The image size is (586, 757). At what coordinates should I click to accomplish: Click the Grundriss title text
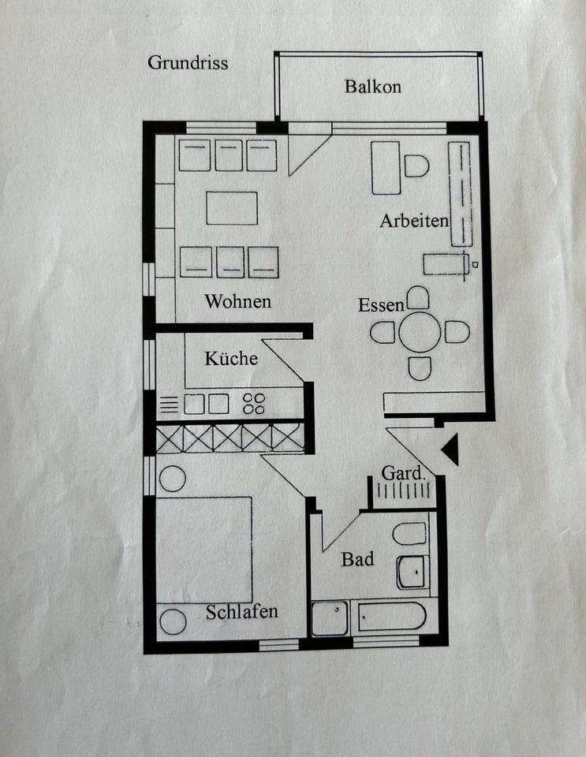(x=188, y=63)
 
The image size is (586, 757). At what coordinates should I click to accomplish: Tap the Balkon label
(x=372, y=87)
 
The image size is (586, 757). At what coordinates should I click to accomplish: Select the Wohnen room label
(x=238, y=301)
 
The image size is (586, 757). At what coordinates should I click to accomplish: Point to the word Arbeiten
(x=414, y=221)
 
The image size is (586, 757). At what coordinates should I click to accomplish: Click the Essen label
(x=381, y=305)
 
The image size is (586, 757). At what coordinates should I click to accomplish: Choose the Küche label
(x=231, y=358)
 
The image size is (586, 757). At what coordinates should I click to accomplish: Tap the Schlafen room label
(x=242, y=612)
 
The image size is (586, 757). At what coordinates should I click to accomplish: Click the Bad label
(x=357, y=559)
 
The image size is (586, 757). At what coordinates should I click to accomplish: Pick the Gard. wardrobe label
(x=404, y=472)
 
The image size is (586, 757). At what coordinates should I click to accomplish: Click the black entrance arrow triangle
(x=451, y=449)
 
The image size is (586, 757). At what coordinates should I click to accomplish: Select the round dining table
(x=420, y=332)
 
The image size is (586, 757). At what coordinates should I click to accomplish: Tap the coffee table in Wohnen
(x=232, y=208)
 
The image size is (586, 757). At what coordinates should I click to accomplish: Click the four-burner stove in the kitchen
(x=254, y=404)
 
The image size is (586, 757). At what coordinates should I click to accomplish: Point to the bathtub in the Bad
(x=392, y=617)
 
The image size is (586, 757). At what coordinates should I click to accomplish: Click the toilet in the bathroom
(x=410, y=534)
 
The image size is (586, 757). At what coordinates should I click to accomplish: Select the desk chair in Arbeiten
(x=416, y=166)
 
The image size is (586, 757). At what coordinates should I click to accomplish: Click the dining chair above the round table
(x=418, y=298)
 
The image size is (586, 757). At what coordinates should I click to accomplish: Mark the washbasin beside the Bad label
(x=412, y=572)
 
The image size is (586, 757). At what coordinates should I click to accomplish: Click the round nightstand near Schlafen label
(x=173, y=622)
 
